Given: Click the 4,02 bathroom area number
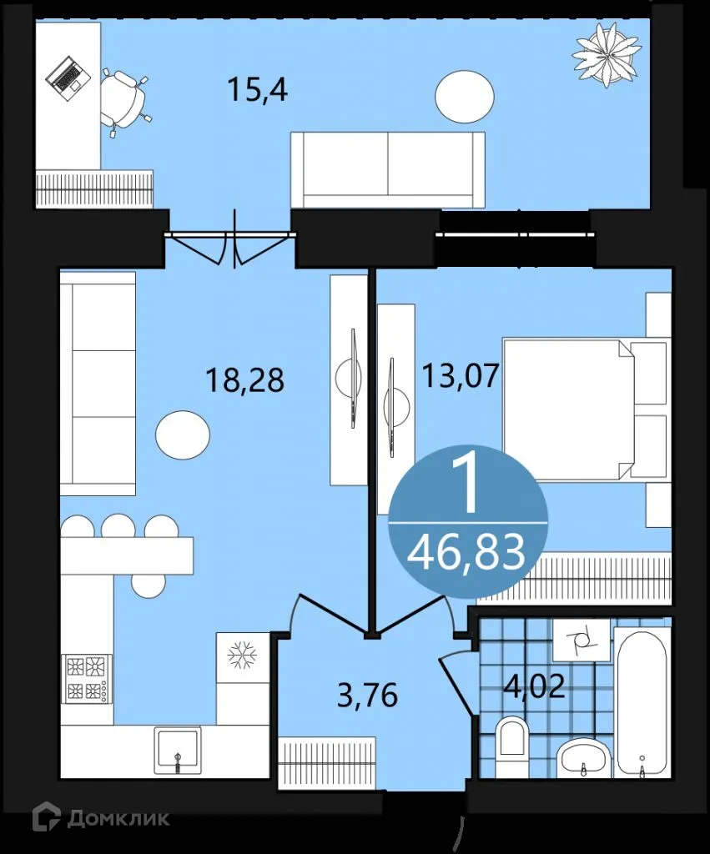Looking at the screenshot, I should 534,686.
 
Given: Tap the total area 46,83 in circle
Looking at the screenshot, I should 467,551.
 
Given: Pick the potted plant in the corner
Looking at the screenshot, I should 607,53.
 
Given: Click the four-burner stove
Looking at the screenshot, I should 86,678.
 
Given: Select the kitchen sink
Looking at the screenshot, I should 177,750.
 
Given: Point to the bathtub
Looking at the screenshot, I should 642,703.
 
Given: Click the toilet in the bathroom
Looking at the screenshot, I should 511,745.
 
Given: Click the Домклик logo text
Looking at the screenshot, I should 117,818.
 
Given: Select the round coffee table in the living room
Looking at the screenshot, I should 183,435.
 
